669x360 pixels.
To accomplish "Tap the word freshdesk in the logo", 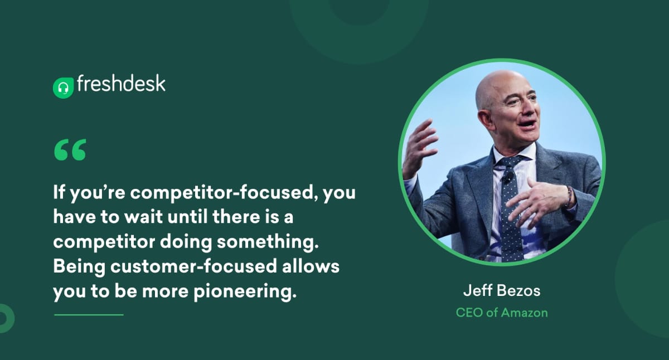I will pos(121,84).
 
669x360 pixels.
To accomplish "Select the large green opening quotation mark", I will pos(70,150).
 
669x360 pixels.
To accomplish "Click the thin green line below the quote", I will pos(88,315).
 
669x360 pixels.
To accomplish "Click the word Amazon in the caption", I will pos(524,312).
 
